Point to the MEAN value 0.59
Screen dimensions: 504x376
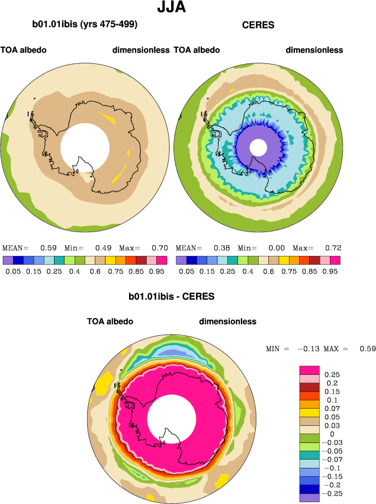pos(48,248)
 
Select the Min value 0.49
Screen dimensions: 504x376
pos(103,248)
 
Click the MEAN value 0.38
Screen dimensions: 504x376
pos(221,248)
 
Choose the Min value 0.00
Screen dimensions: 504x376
pos(277,248)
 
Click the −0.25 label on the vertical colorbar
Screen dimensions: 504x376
pos(335,493)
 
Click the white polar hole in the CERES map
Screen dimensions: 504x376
pos(258,147)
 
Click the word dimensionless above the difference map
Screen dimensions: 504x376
pos(227,322)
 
